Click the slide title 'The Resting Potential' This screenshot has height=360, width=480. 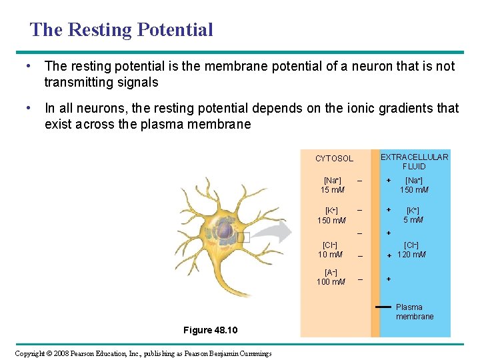(x=121, y=30)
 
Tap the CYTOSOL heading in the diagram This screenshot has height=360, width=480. (x=334, y=159)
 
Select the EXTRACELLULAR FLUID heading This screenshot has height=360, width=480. (x=414, y=161)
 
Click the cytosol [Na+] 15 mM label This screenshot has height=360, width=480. (x=332, y=185)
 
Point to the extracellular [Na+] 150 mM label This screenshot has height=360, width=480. (x=414, y=185)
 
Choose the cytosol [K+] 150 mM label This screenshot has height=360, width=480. (x=331, y=215)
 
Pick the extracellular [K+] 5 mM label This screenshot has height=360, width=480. (x=414, y=215)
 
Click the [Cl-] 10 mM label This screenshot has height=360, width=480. (x=331, y=250)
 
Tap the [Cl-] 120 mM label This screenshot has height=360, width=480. (x=411, y=250)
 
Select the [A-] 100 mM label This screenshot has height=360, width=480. (x=331, y=277)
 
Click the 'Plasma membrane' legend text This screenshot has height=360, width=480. (x=414, y=312)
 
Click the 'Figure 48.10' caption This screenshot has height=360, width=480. (x=210, y=331)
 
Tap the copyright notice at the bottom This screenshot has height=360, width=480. (x=143, y=353)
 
